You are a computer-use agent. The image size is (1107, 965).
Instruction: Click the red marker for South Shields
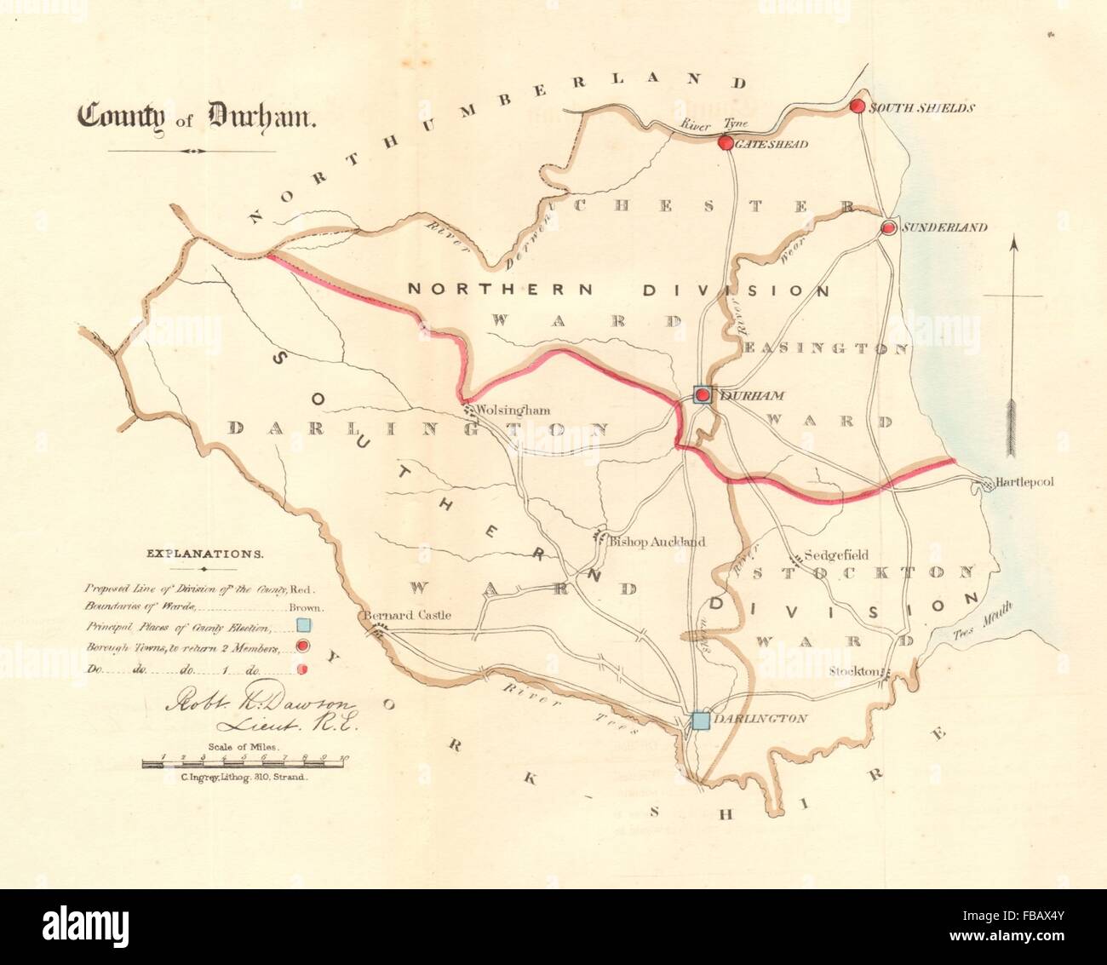pos(857,106)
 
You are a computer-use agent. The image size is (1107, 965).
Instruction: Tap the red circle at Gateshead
pos(725,143)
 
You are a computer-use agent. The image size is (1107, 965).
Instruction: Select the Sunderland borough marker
pos(888,227)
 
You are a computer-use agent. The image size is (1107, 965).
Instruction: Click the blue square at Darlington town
pos(700,721)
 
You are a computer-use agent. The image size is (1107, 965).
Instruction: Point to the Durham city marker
pos(702,394)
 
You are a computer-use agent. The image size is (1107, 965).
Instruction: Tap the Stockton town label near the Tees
pos(855,671)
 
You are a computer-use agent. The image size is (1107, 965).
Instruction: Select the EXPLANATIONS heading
pos(204,553)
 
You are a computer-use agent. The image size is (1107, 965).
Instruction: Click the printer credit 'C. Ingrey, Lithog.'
pos(243,778)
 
